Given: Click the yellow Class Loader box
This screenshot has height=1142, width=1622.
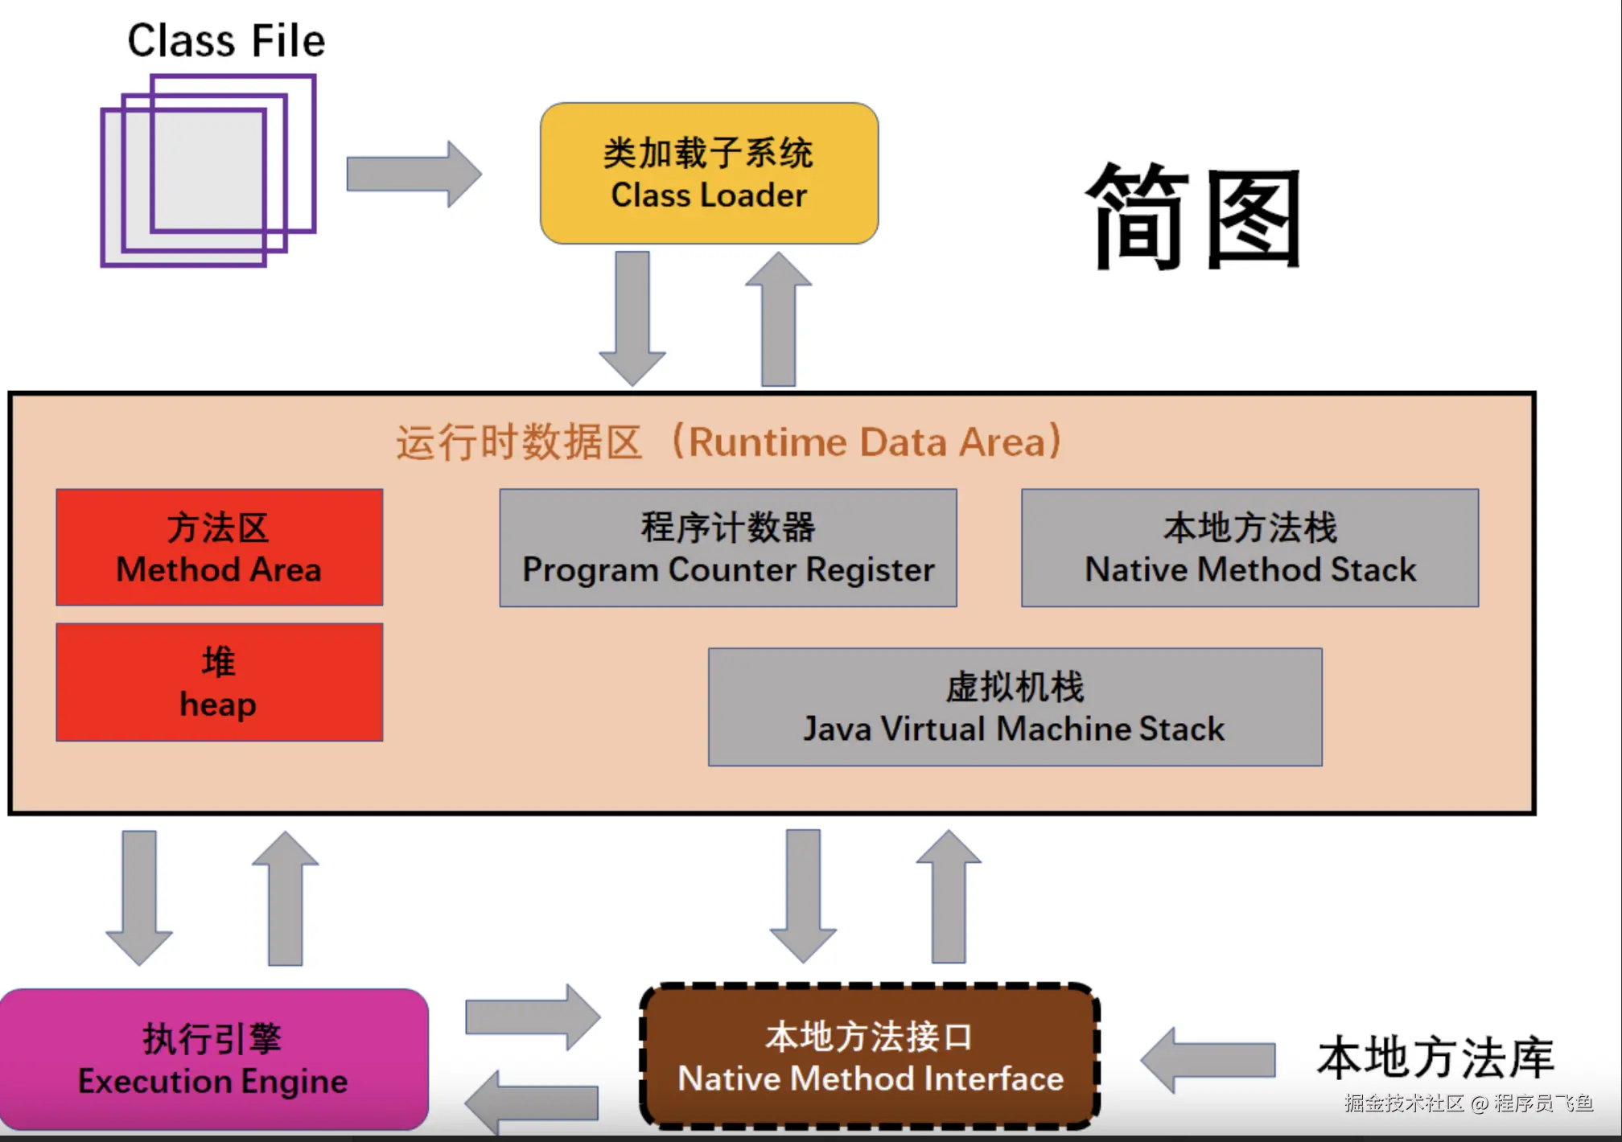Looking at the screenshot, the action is [x=709, y=173].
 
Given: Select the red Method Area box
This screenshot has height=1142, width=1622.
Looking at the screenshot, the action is [x=219, y=547].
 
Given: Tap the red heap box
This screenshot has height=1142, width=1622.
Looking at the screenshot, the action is [x=219, y=682].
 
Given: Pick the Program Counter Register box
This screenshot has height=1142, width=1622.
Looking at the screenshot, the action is [x=728, y=548].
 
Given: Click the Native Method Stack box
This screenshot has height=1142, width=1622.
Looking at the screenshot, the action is [x=1249, y=548].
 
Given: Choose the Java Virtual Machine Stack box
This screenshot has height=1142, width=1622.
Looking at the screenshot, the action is [x=1015, y=707].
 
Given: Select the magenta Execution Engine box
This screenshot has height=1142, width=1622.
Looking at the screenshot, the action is [x=214, y=1059].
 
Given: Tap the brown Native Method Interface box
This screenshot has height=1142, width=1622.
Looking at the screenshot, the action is [x=870, y=1056].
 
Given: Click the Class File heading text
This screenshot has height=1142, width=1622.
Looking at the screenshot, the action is [x=226, y=40].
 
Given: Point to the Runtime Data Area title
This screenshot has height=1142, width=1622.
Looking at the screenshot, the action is [x=728, y=442].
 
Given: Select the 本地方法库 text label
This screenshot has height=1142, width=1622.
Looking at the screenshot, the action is [x=1435, y=1057].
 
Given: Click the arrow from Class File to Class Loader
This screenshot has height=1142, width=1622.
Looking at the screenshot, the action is [x=414, y=174].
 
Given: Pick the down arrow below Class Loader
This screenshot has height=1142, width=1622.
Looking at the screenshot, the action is [x=632, y=318].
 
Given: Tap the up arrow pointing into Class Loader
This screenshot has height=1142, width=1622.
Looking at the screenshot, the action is [x=778, y=318].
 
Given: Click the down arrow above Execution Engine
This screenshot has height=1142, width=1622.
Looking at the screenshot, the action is [x=139, y=898].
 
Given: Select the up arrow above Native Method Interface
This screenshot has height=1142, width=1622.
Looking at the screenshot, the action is [x=949, y=896].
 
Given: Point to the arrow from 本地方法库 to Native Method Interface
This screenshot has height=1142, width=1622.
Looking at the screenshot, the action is [x=1208, y=1059].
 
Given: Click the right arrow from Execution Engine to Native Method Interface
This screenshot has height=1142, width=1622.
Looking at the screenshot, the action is [x=533, y=1017].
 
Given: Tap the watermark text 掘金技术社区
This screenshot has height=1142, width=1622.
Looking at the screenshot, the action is [x=1404, y=1103].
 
